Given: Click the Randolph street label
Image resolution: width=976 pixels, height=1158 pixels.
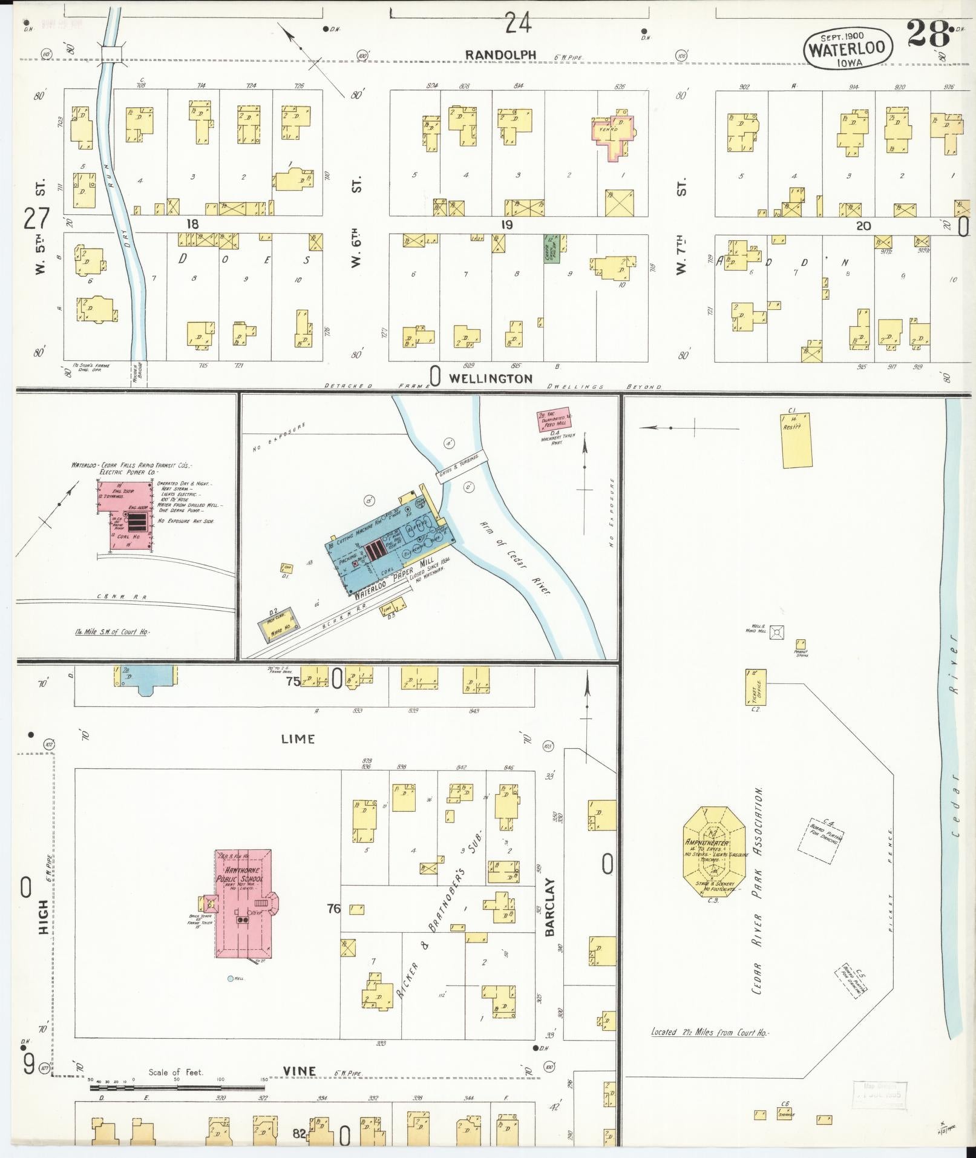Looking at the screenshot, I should coord(500,55).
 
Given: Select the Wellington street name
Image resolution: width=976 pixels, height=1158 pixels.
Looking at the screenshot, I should coord(490,378).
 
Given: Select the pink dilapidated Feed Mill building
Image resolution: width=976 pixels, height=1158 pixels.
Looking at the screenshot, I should coord(555,419).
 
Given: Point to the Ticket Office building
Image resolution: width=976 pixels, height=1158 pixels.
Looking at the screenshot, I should coord(756,687).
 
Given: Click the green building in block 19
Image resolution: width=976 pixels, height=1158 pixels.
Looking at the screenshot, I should coord(551,249).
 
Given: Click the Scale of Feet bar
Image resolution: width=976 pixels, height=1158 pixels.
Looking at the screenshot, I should coord(178,1088).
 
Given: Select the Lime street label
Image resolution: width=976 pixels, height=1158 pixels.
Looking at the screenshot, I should coord(298,739).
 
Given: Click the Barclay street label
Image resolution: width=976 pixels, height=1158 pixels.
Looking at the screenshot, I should coord(549,916).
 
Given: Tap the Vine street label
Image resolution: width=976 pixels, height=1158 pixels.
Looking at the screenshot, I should coord(300,1071).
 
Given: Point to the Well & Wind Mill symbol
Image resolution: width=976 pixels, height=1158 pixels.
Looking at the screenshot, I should coord(778,631).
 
